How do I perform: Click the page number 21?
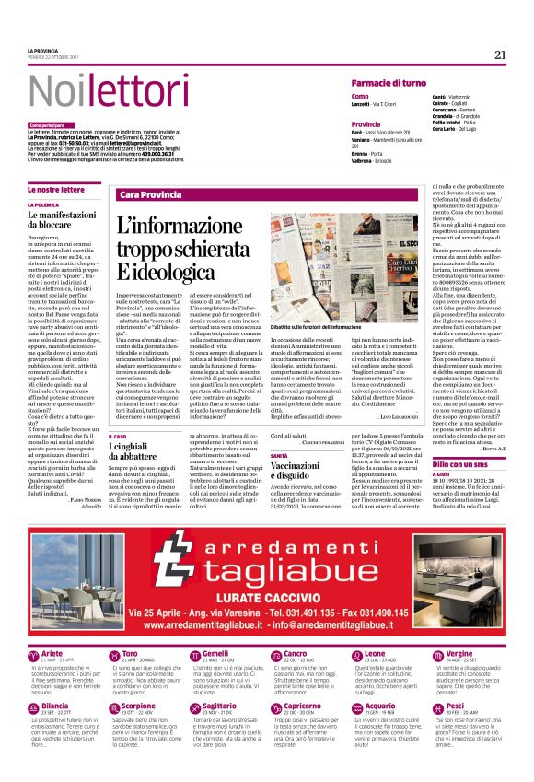coord(500,54)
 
